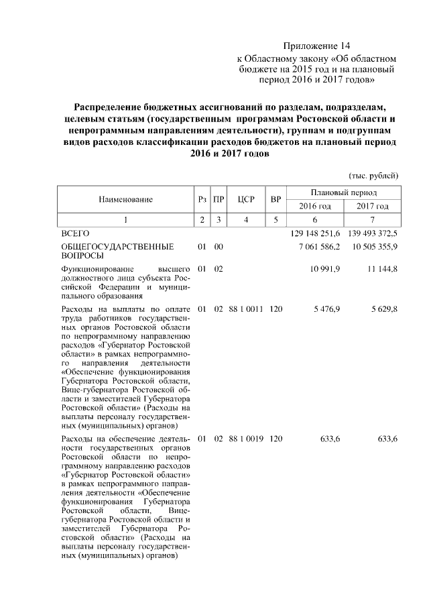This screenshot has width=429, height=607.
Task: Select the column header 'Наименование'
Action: (x=125, y=199)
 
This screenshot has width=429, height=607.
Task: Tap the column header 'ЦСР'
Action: (x=246, y=199)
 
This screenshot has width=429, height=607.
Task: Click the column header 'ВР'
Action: (x=275, y=199)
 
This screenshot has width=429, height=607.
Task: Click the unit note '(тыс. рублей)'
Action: (x=373, y=175)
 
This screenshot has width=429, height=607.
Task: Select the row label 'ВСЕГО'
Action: (x=75, y=233)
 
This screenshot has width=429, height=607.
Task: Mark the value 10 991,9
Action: (x=325, y=269)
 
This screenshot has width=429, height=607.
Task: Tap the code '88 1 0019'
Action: (x=246, y=439)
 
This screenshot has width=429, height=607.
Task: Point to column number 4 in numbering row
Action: (x=246, y=219)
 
